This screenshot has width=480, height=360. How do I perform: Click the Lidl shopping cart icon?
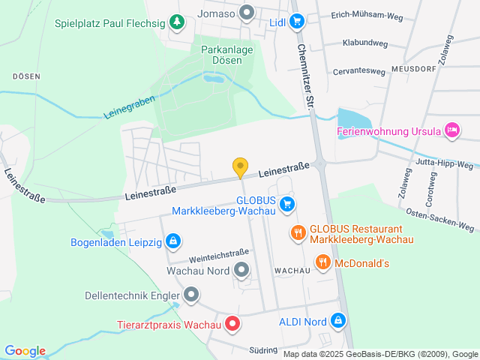(296, 22)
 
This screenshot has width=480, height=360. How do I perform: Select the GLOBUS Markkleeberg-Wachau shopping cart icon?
(286, 203)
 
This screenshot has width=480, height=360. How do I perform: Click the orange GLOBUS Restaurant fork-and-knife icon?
(298, 232)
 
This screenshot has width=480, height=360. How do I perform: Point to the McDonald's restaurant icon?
(323, 262)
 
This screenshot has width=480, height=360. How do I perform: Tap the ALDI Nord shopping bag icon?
(338, 321)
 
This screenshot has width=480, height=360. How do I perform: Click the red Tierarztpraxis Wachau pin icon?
(232, 325)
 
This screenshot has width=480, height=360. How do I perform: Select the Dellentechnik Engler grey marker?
(191, 295)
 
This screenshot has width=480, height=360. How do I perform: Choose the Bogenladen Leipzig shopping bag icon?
(173, 241)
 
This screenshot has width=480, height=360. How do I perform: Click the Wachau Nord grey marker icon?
(241, 268)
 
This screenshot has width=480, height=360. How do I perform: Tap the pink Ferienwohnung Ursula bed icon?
(451, 131)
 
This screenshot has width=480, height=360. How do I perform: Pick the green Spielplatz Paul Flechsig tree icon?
(176, 22)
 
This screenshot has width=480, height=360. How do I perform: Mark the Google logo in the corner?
(25, 351)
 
